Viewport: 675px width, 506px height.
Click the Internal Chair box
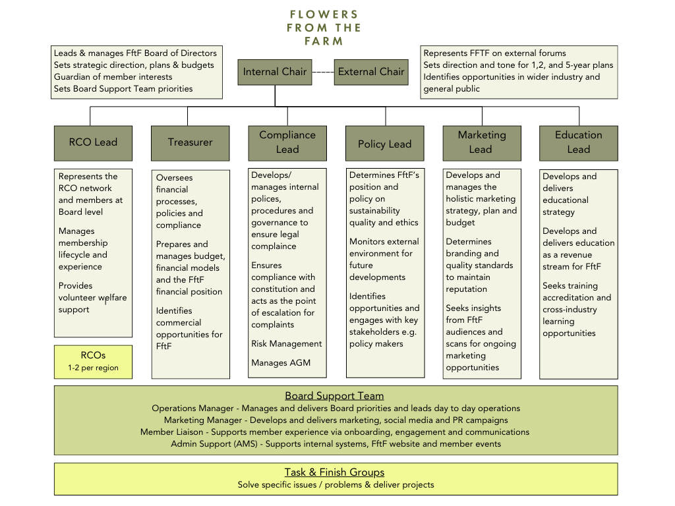point(275,72)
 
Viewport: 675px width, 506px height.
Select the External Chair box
point(371,72)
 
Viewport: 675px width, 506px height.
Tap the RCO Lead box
point(93,142)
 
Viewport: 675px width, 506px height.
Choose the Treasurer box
point(190,142)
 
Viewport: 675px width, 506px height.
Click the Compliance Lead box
point(287,142)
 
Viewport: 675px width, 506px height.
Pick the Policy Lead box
point(384,144)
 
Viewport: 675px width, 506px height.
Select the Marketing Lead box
point(482,142)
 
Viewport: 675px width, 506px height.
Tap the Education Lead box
point(578,142)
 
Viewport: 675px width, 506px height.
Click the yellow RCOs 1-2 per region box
point(93,362)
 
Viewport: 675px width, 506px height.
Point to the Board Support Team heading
point(334,396)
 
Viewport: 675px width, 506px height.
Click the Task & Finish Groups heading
point(334,472)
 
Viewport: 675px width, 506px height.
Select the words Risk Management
point(286,344)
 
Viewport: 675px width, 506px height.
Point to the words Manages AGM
point(280,363)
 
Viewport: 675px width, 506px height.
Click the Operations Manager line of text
point(336,408)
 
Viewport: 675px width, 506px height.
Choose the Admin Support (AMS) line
point(336,444)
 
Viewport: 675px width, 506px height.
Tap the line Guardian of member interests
point(113,77)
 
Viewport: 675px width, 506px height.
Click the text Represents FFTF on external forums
point(494,53)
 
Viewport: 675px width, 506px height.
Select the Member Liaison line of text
point(334,432)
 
